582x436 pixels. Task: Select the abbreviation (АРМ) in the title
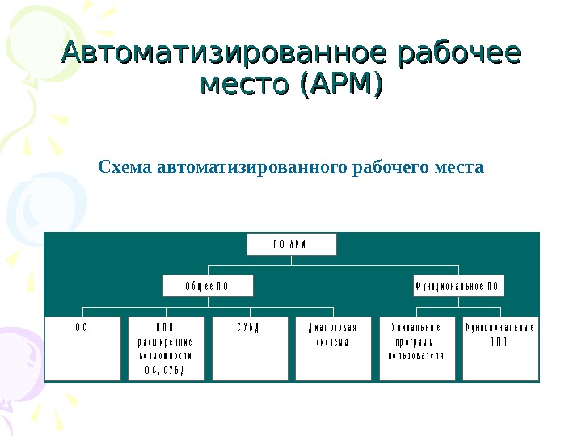coord(340,83)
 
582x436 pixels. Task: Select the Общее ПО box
coord(208,286)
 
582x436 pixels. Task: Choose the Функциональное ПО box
coord(458,286)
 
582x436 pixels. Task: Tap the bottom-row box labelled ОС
coord(82,347)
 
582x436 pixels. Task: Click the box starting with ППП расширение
coord(167,347)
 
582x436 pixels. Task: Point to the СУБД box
coord(250,347)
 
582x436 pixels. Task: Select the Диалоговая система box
coord(333,347)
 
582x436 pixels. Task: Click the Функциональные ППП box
coord(500,347)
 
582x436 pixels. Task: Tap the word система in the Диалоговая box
coord(333,342)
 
